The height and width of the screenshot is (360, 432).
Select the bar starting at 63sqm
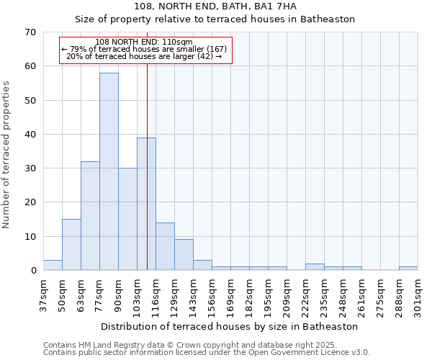point(90,216)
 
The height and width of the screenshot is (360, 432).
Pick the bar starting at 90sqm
point(127,219)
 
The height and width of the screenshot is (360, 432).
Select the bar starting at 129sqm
point(184,255)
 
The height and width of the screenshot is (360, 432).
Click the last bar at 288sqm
point(408,269)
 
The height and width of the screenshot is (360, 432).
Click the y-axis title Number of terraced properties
point(7,154)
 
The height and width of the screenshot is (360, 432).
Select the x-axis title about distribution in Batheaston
point(229,326)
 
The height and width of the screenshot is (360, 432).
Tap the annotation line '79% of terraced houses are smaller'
point(145,49)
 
